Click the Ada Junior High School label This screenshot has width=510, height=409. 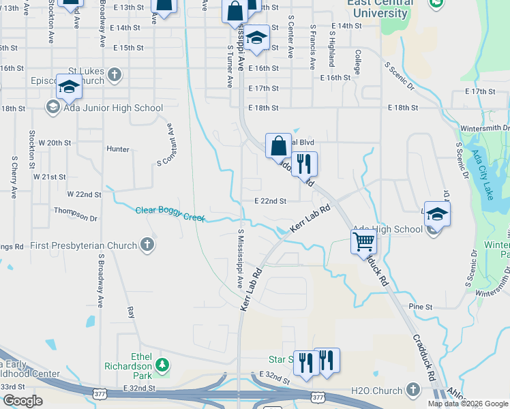pos(112,108)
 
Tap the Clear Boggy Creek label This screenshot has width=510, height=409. pos(170,213)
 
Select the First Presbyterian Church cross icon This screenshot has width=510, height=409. pos(146,244)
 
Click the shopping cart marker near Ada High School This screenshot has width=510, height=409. pos(363,241)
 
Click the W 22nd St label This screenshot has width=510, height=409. pos(84,194)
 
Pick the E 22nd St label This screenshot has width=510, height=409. pos(270,201)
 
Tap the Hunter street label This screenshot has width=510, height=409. pos(118,149)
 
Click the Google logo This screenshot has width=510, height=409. pos(22,401)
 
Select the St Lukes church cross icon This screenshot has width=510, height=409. pos(115,74)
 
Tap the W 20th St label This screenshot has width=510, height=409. pos(55,142)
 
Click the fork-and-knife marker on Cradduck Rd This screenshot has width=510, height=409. pos(304,164)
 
